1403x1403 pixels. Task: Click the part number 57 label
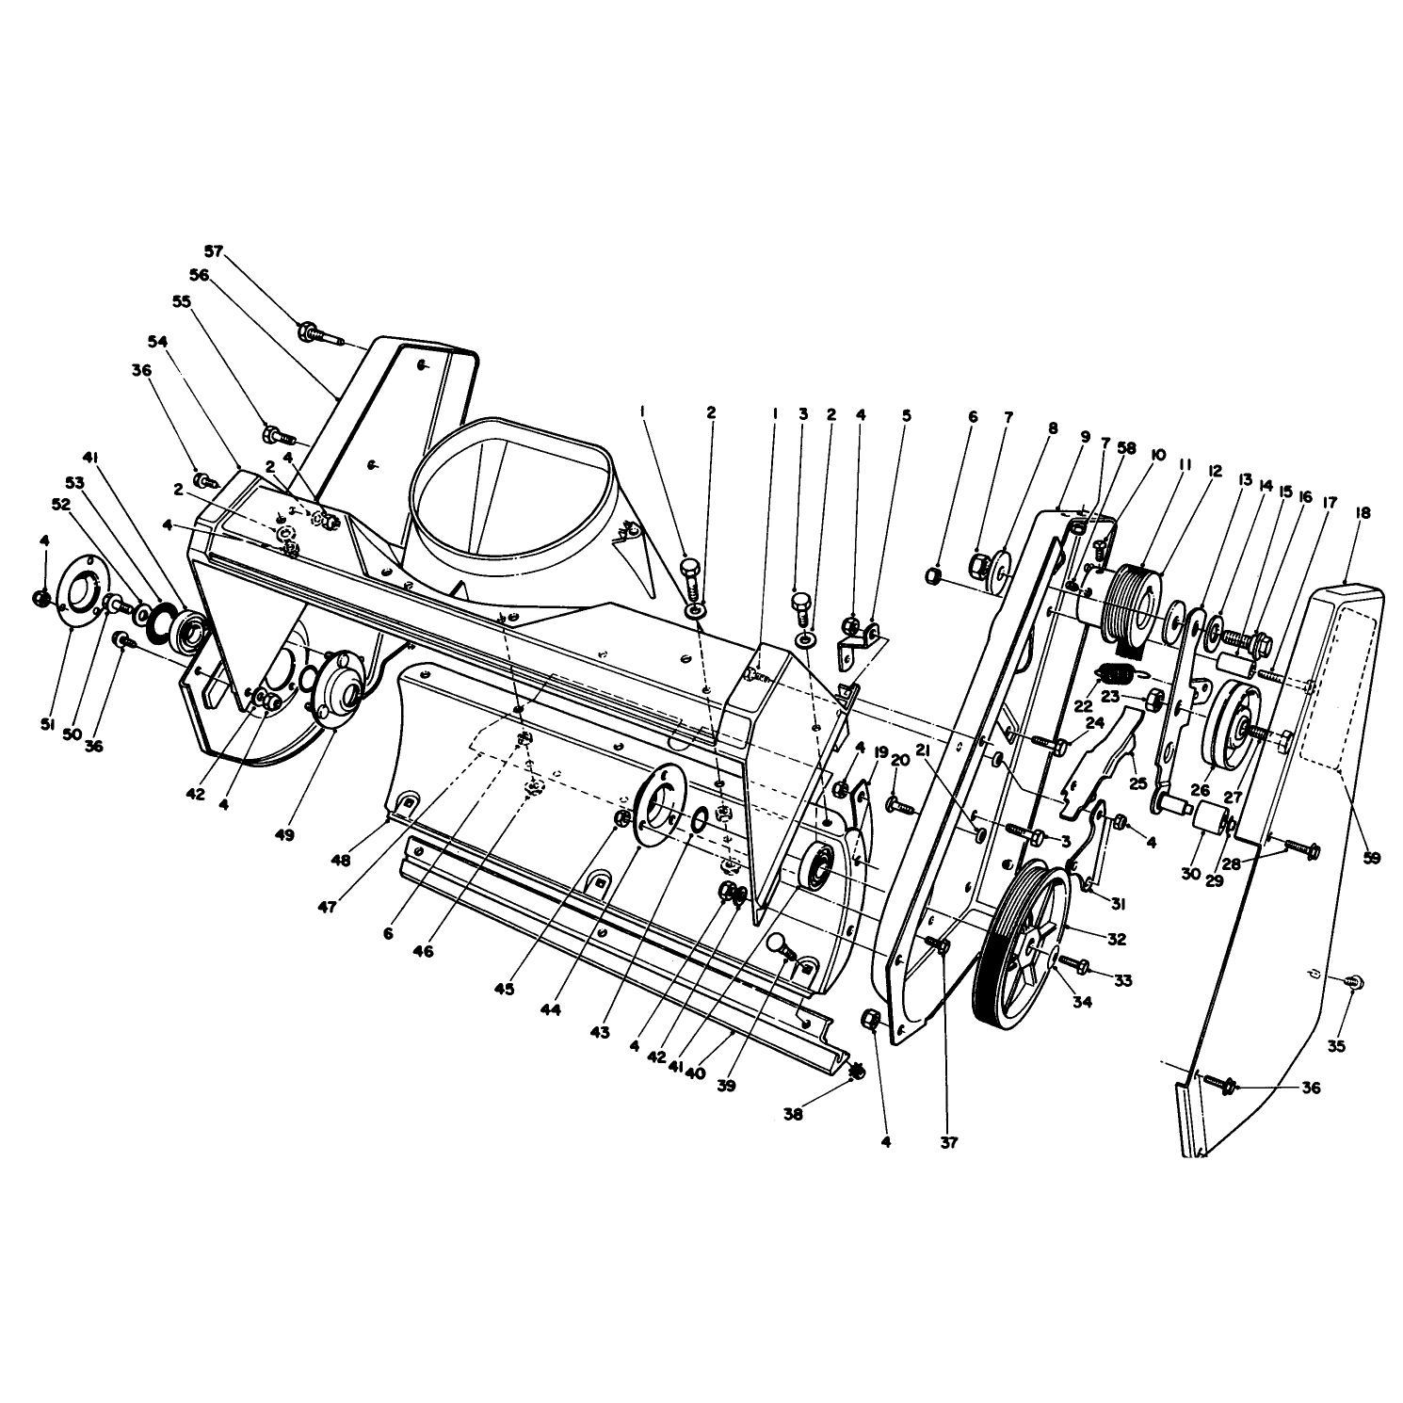click(216, 251)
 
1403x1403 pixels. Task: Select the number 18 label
click(1363, 513)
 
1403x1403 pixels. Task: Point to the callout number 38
click(793, 1113)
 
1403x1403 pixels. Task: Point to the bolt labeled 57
click(318, 333)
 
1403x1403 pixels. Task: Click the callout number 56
click(198, 275)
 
